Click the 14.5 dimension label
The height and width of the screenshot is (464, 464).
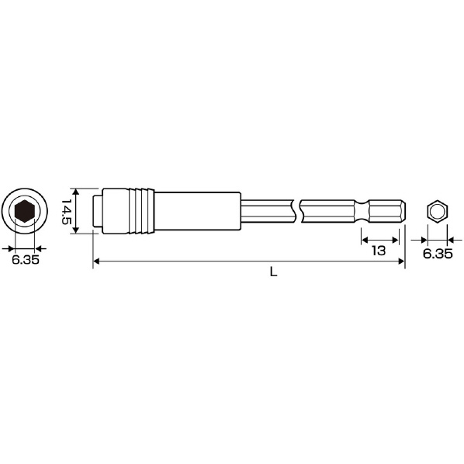[x=67, y=212]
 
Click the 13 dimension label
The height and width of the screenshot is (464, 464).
[x=379, y=251]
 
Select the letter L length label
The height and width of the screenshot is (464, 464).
[x=273, y=272]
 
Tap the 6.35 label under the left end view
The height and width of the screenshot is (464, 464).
[x=26, y=259]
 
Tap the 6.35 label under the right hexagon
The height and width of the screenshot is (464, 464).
[x=438, y=254]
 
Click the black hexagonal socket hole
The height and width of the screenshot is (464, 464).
[x=25, y=211]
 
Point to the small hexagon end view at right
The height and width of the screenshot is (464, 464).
[x=438, y=212]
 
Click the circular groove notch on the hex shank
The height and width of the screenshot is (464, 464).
[x=362, y=211]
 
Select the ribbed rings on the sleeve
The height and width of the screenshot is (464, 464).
[x=142, y=211]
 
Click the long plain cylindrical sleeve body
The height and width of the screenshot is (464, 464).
[x=198, y=211]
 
